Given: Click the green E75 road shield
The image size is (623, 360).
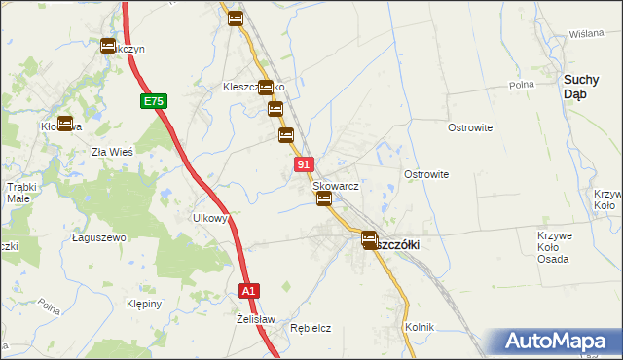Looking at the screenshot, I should [x=154, y=100].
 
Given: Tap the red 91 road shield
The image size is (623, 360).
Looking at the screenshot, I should [x=304, y=165].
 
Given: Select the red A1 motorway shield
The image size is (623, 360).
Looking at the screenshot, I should [x=249, y=290].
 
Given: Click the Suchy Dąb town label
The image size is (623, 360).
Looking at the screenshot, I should [x=588, y=87].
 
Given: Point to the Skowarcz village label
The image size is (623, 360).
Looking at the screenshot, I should [x=336, y=185].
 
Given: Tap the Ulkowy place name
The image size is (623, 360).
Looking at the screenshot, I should [x=210, y=219].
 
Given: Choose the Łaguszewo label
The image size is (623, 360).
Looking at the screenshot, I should [x=100, y=237].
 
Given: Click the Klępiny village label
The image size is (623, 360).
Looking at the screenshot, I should [x=143, y=304].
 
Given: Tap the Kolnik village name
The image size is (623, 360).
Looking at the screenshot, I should [x=420, y=327].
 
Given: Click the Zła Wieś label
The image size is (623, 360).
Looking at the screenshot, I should [x=111, y=151].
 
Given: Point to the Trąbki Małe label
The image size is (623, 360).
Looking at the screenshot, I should [x=20, y=192].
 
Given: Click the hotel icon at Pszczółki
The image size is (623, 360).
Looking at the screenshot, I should [x=369, y=239].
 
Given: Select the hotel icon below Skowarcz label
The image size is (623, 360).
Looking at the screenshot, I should [x=324, y=199].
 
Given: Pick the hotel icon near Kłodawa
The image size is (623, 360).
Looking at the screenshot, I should [x=65, y=124].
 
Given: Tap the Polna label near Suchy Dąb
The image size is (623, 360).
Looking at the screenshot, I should [x=522, y=86].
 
